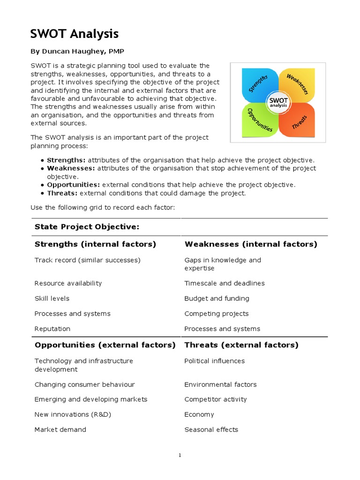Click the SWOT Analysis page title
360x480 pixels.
[x=74, y=34]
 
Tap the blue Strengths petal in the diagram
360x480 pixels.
[x=259, y=85]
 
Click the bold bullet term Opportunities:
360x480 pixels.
[x=74, y=185]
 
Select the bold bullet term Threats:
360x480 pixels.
[x=62, y=193]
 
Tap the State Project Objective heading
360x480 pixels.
[x=87, y=227]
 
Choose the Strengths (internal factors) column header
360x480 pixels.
[x=95, y=244]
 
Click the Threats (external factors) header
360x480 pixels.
[x=241, y=345]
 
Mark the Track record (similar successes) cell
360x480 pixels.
[x=87, y=260]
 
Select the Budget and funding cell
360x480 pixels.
[x=217, y=299]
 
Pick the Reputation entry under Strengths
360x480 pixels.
[x=52, y=329]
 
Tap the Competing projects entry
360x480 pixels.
[x=217, y=314]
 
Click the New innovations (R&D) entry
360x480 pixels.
[x=73, y=414]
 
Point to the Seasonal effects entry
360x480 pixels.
[x=211, y=429]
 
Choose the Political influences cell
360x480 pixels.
[x=214, y=361]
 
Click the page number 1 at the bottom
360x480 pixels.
[x=180, y=455]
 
